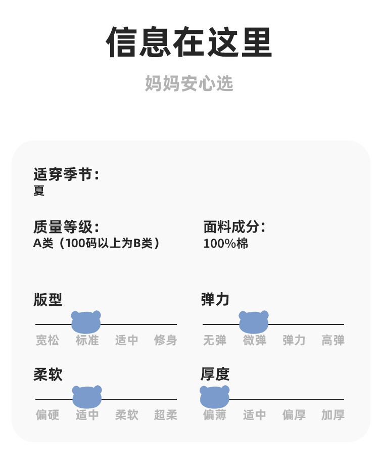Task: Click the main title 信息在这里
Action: point(189,42)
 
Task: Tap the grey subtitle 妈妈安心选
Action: point(189,83)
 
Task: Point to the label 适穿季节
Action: point(66,175)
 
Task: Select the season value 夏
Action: point(39,191)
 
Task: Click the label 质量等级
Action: point(66,227)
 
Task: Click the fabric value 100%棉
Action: point(225,243)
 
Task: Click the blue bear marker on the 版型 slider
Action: point(86,322)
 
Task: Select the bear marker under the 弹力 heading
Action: point(254,322)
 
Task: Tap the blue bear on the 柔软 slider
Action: point(87,397)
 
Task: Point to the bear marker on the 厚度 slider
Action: point(215,397)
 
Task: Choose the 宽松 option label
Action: point(48,340)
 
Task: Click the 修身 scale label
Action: point(165,340)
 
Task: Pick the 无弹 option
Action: point(215,340)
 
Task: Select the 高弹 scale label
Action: point(333,340)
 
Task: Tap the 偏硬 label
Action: point(48,415)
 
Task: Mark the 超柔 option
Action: point(165,415)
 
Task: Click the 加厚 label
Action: point(333,415)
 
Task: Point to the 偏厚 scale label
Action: point(294,415)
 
